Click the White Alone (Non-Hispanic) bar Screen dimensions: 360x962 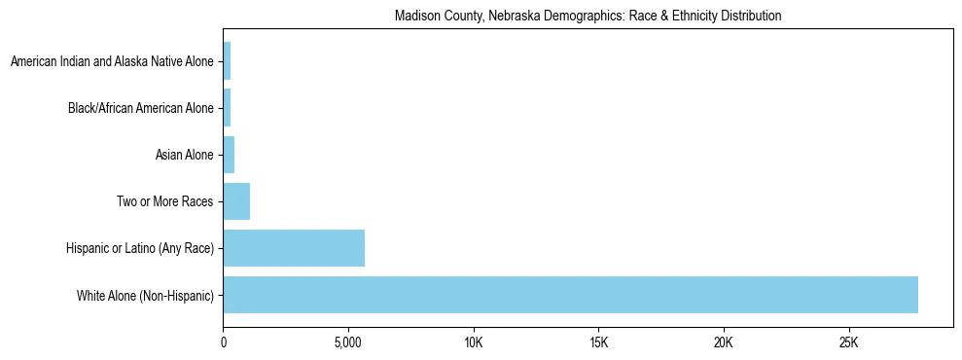570,295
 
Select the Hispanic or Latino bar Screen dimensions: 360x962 294,248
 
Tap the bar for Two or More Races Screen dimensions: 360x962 236,201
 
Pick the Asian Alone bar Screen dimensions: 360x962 229,155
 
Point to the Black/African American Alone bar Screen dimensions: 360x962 227,108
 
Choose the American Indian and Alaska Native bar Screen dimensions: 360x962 227,61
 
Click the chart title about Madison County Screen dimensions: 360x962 588,17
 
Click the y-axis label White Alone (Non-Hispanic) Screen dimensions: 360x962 145,295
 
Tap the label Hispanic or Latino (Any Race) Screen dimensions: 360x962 138,248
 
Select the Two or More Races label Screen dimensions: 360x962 164,201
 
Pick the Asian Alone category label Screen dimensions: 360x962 184,155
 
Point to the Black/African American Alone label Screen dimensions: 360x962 140,108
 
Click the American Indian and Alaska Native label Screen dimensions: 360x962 111,61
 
